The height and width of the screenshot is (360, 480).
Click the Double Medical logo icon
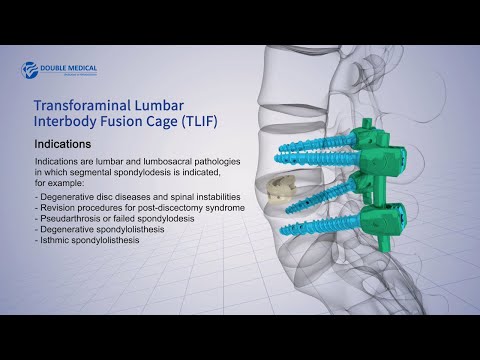pyautogui.click(x=28, y=69)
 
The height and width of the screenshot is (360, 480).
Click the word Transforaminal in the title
pyautogui.click(x=81, y=104)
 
